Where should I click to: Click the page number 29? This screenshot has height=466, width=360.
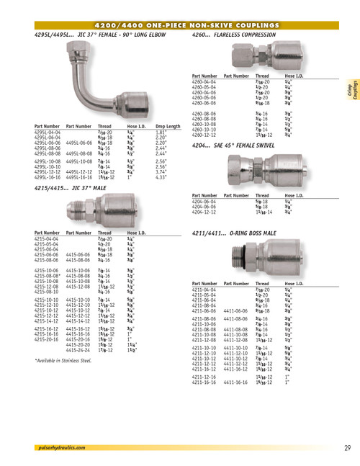(x=347, y=448)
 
